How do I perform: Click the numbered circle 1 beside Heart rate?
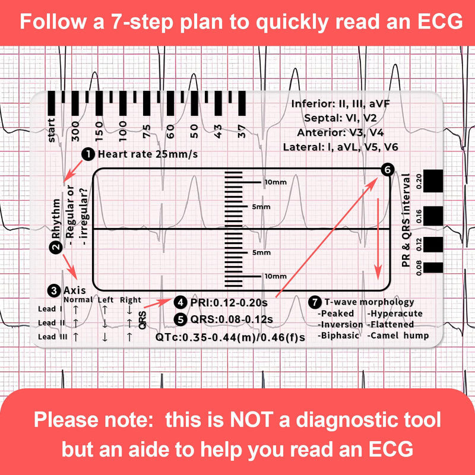[x=87, y=154]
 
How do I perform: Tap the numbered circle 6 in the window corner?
[x=387, y=170]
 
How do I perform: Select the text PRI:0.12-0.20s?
[x=228, y=303]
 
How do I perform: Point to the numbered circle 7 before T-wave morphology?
[x=314, y=301]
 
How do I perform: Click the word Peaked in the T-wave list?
[x=336, y=313]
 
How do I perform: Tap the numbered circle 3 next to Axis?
[x=54, y=291]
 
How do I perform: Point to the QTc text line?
[x=230, y=337]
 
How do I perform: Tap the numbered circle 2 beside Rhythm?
[x=55, y=248]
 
